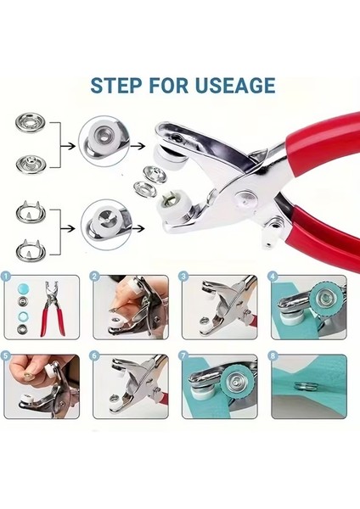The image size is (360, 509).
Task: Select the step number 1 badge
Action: [7, 277]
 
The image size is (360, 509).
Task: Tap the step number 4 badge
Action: [273, 277]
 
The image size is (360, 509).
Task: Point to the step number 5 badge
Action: [7, 358]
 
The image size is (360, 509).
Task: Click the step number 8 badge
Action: [273, 358]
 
